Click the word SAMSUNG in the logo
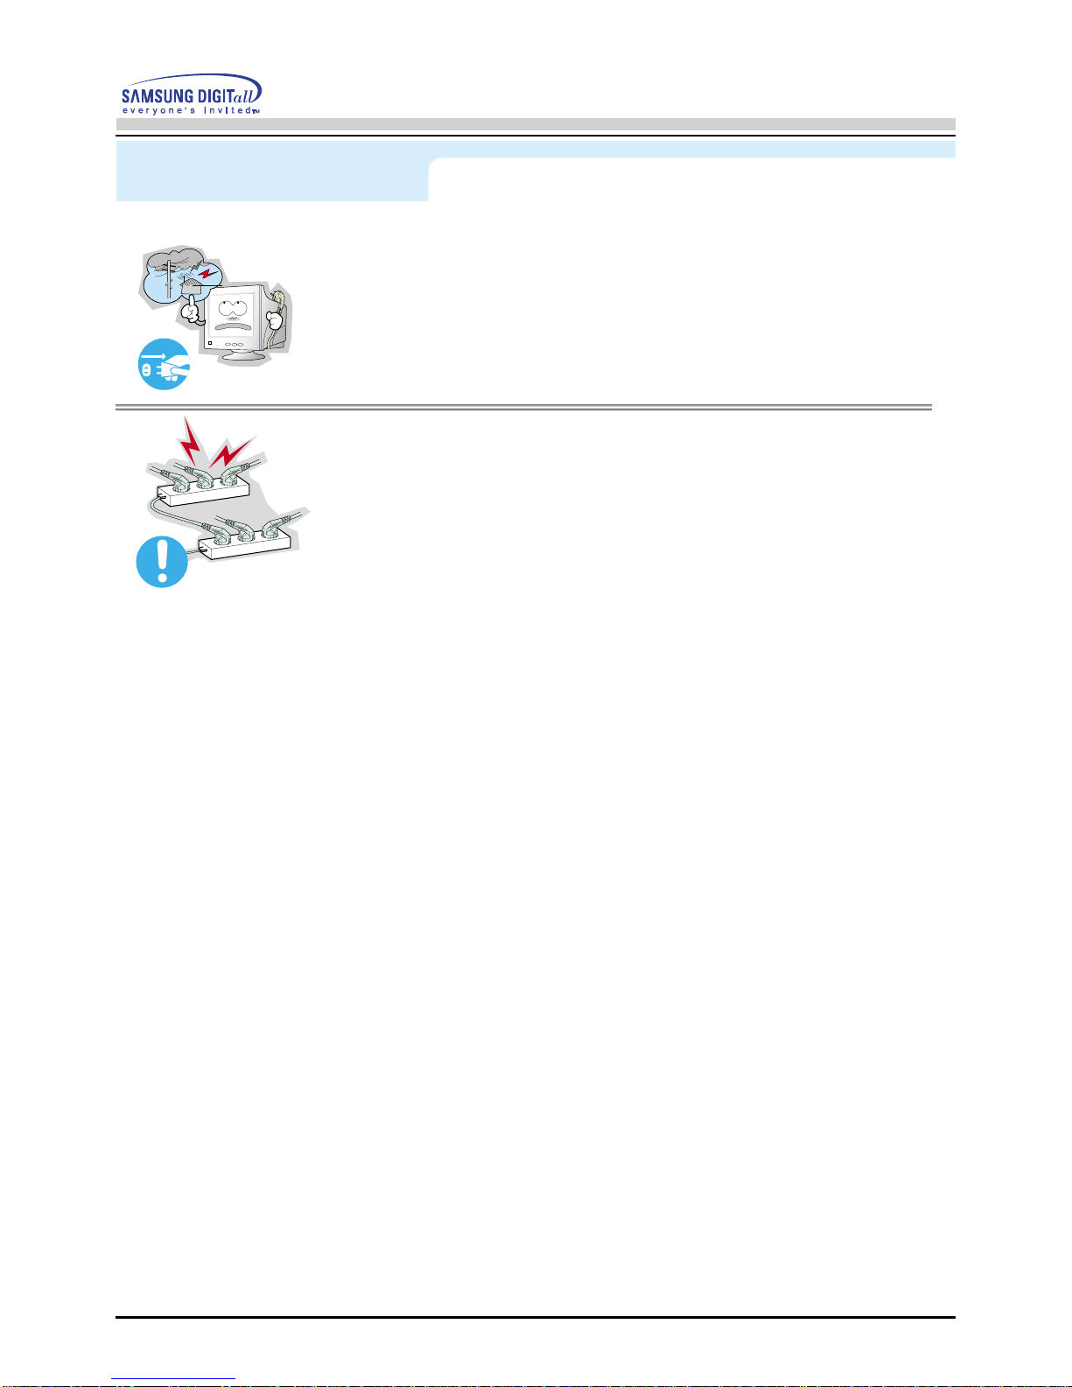point(158,96)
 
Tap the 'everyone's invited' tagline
point(190,110)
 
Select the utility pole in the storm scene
point(168,279)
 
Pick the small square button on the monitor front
point(210,343)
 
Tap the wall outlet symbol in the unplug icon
point(146,369)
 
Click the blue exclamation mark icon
point(162,562)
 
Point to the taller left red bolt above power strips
point(190,442)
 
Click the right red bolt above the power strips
point(232,452)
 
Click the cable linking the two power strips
point(172,513)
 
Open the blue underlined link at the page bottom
point(173,1379)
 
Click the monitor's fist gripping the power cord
point(275,319)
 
